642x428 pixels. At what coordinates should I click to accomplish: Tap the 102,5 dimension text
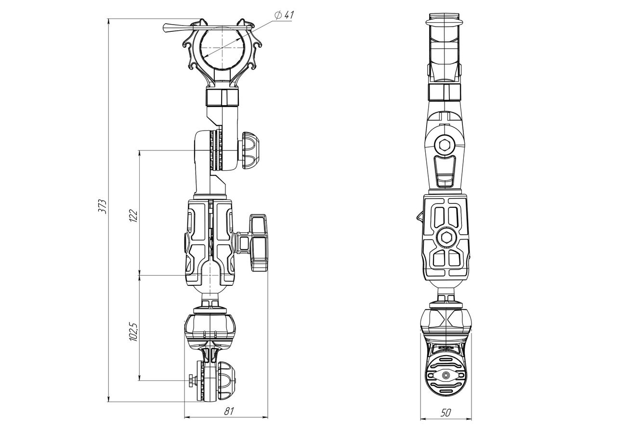click(x=133, y=332)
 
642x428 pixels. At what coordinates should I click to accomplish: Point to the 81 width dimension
click(x=229, y=411)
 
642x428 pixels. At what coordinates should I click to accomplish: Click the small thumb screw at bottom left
click(x=193, y=381)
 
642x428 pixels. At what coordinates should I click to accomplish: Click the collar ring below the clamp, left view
click(x=222, y=97)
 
